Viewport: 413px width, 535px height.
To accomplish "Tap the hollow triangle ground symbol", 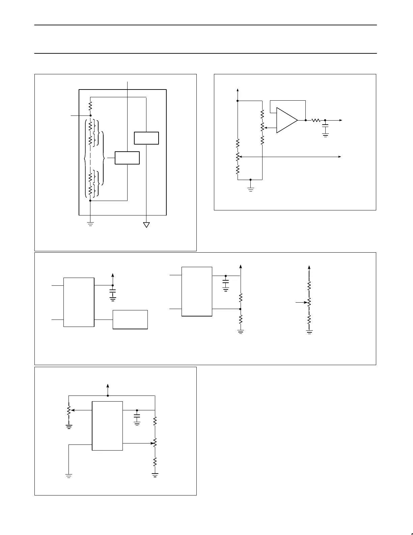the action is coord(146,225).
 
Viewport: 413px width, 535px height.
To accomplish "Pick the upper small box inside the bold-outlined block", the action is coord(146,138).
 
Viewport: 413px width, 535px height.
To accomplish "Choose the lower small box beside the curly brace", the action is coord(127,158).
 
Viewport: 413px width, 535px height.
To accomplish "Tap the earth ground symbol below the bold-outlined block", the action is coord(90,223).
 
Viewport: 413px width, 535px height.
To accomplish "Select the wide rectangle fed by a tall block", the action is coord(130,319).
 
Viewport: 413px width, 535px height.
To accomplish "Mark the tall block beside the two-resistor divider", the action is coord(197,291).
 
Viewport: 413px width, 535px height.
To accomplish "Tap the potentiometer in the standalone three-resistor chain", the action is coord(309,303).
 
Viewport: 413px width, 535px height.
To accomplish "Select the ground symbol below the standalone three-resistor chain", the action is coord(309,332).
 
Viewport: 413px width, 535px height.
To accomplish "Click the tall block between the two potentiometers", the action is coord(107,426).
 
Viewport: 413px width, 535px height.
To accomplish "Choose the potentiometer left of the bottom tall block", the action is coord(69,410).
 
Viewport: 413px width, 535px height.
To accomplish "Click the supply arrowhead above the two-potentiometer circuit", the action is coord(108,386).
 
